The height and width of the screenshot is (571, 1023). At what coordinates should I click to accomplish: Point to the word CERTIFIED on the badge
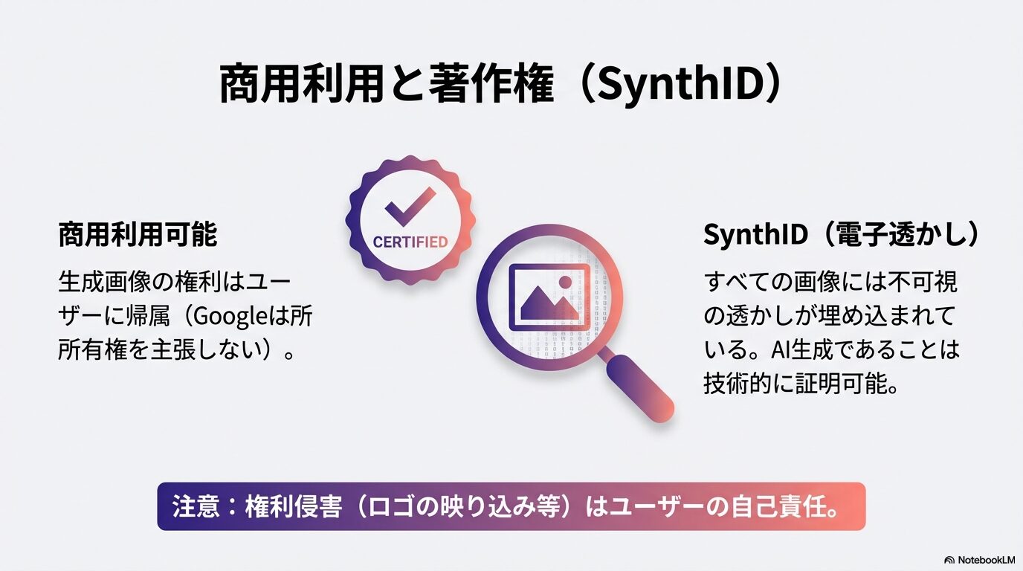point(410,242)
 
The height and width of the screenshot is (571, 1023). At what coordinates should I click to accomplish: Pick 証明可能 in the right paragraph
point(848,382)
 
